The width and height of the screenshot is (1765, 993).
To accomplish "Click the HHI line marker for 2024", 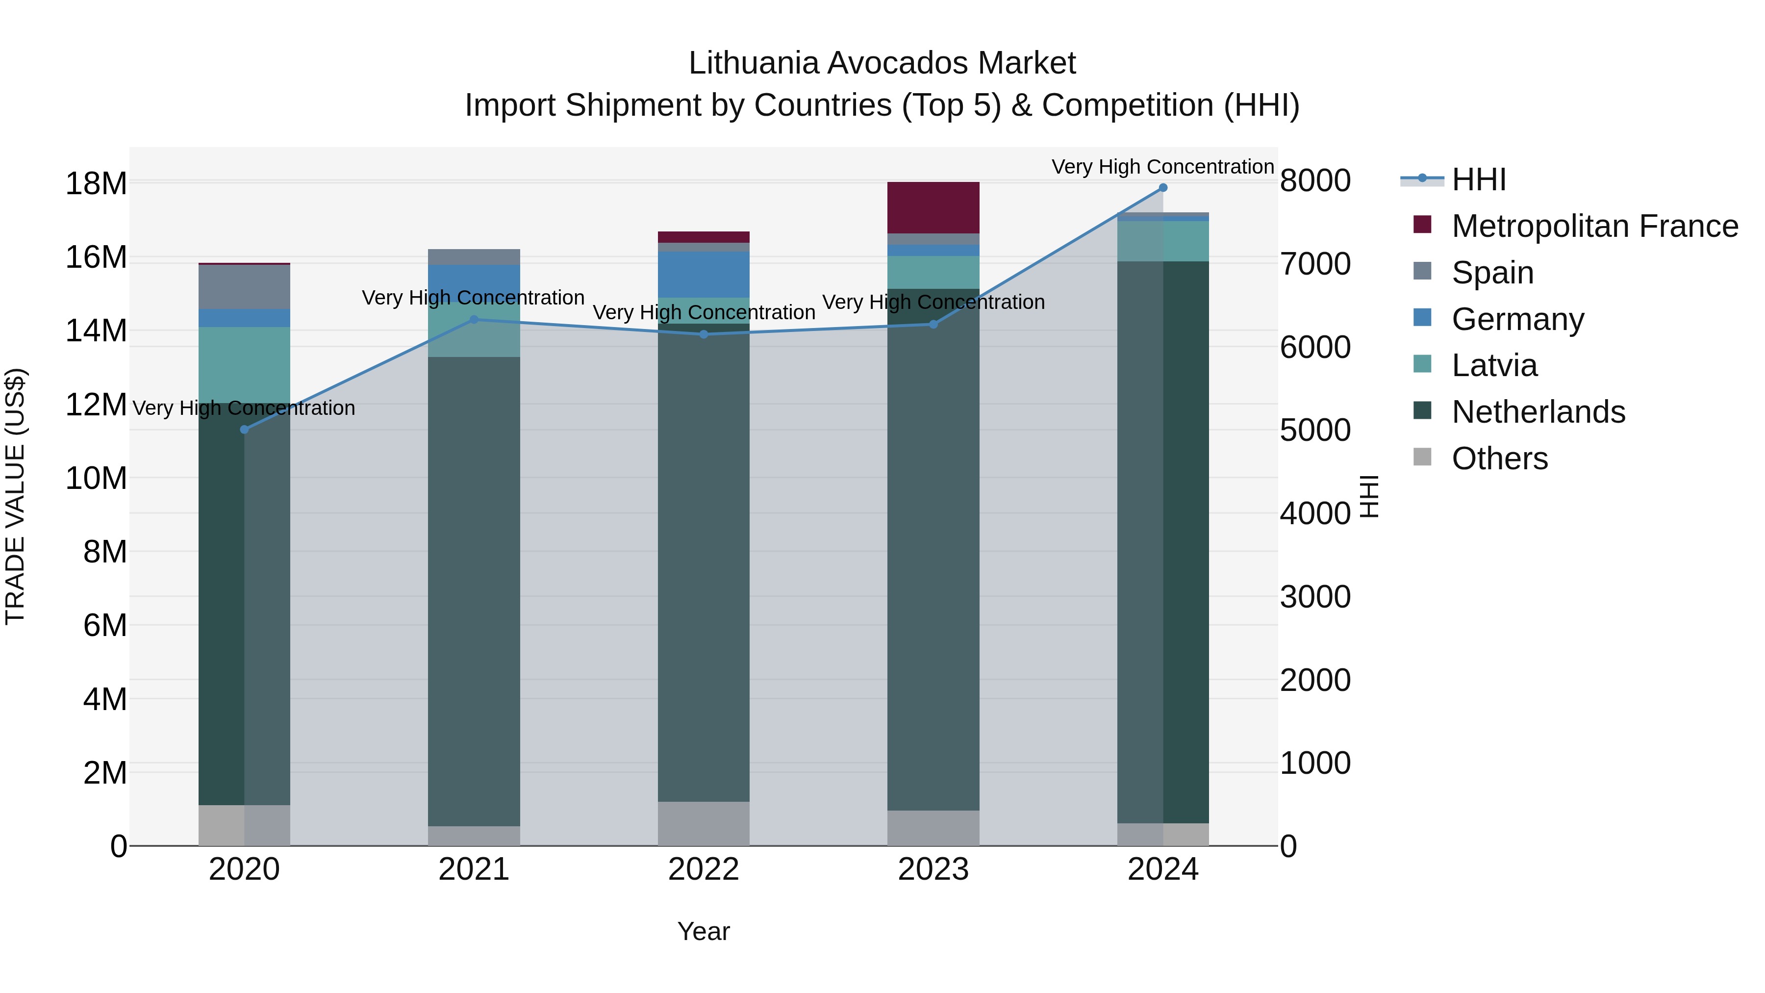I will coord(1163,188).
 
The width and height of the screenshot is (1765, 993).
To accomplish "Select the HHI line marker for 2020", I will coord(245,430).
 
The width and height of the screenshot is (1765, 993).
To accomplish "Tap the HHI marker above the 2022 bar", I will coord(704,334).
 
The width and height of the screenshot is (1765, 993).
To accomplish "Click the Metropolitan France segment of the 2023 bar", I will coord(933,207).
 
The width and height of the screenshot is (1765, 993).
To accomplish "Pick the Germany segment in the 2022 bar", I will coord(704,274).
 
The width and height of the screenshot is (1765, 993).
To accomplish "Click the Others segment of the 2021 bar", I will coord(474,836).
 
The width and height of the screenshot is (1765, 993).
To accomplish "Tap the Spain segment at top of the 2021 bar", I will coord(474,257).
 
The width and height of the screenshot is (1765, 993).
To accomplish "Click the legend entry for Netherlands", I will coord(1538,412).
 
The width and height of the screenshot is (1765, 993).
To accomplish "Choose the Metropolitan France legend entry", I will coord(1594,226).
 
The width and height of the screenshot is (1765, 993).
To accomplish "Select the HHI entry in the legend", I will coord(1479,179).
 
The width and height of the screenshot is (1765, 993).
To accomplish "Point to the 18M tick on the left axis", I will coord(96,184).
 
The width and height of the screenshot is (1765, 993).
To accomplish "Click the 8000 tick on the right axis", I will coord(1315,181).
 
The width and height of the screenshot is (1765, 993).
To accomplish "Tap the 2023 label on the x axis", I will coord(933,869).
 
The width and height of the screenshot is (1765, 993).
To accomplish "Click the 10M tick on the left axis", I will coord(96,478).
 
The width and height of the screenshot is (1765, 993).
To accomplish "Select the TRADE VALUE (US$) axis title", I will coord(15,496).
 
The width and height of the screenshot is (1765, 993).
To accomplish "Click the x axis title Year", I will coord(704,931).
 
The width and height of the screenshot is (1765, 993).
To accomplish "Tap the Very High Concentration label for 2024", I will coord(1163,167).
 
